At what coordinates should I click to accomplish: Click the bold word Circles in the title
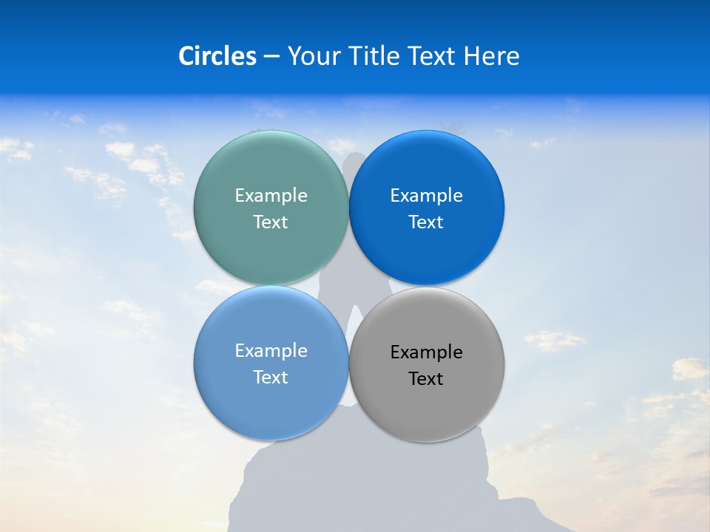pos(217,56)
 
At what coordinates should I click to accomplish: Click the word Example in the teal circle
pos(271,195)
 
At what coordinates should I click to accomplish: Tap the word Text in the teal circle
pos(271,222)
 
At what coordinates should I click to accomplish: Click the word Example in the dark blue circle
pos(426,195)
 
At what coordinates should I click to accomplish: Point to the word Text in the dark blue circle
pos(426,222)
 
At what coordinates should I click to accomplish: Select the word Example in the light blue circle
pos(271,350)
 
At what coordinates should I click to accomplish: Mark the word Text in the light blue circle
pos(271,377)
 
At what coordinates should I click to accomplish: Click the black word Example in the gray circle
pos(426,352)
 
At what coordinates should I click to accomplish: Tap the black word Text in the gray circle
pos(426,378)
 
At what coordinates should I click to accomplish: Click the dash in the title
pos(271,57)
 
